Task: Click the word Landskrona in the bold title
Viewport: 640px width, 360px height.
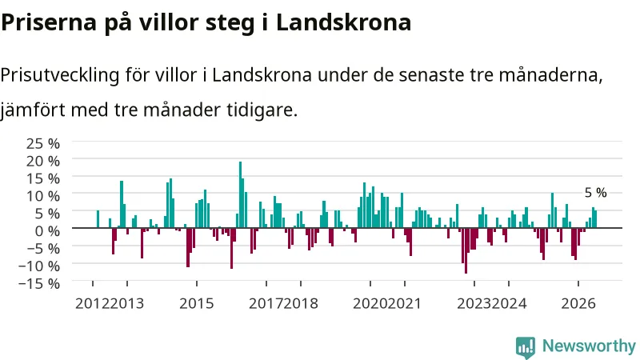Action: pos(343,22)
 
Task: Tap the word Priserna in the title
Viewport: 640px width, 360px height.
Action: pos(49,22)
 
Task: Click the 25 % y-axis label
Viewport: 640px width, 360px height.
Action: pos(43,144)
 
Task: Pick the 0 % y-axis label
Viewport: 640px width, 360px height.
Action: pos(47,231)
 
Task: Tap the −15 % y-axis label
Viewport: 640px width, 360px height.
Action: pos(39,283)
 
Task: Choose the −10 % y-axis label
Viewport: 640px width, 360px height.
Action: pos(39,266)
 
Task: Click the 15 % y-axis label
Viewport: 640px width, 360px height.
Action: pos(43,178)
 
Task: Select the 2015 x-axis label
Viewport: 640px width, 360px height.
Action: pos(196,304)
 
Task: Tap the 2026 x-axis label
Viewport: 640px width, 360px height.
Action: pos(578,304)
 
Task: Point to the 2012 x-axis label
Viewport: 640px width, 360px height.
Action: pos(92,304)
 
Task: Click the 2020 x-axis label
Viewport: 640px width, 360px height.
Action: pos(370,304)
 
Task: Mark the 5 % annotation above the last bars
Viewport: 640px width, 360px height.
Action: pos(595,193)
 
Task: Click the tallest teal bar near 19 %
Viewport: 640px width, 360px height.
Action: pos(241,194)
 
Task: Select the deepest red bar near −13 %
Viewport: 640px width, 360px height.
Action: pos(466,250)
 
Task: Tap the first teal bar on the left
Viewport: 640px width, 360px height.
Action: pos(98,219)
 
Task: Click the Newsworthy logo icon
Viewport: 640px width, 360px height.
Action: pos(526,347)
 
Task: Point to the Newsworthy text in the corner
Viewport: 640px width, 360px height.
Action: pos(589,346)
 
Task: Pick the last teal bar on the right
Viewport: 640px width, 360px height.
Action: pos(595,219)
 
